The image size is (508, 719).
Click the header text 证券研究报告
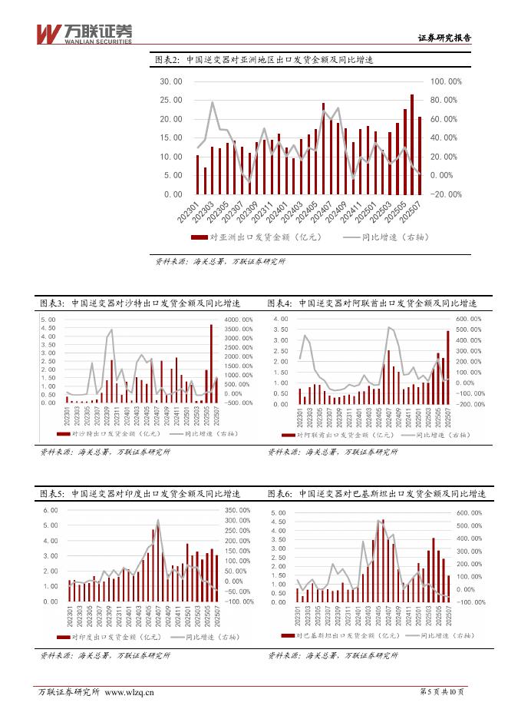click(x=444, y=36)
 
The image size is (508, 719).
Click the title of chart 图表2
click(x=264, y=60)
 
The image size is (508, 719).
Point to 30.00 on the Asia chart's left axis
click(x=170, y=81)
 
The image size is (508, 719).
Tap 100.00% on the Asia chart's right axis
click(x=446, y=81)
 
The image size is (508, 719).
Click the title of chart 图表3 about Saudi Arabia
click(x=140, y=303)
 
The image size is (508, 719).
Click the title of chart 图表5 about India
click(x=140, y=494)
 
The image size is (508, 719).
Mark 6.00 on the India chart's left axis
click(x=50, y=510)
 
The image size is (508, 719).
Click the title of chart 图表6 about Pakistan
click(x=376, y=494)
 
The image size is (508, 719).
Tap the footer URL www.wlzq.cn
click(x=129, y=692)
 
